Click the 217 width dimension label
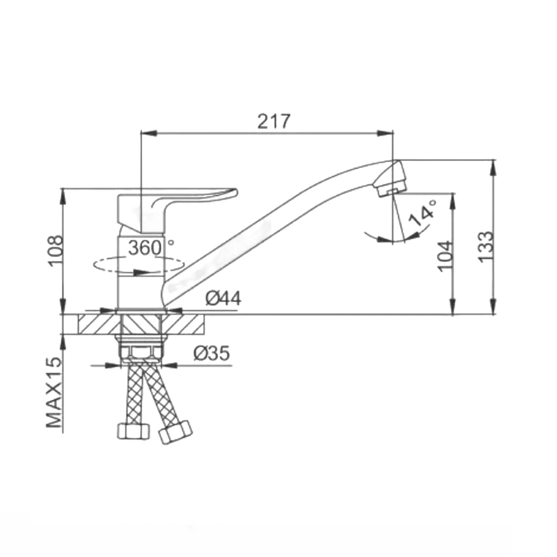(x=273, y=122)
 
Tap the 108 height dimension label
(x=56, y=251)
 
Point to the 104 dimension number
(x=446, y=256)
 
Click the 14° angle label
(x=422, y=213)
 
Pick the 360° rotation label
(x=151, y=248)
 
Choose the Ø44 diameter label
(x=223, y=298)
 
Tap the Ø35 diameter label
(x=212, y=353)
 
